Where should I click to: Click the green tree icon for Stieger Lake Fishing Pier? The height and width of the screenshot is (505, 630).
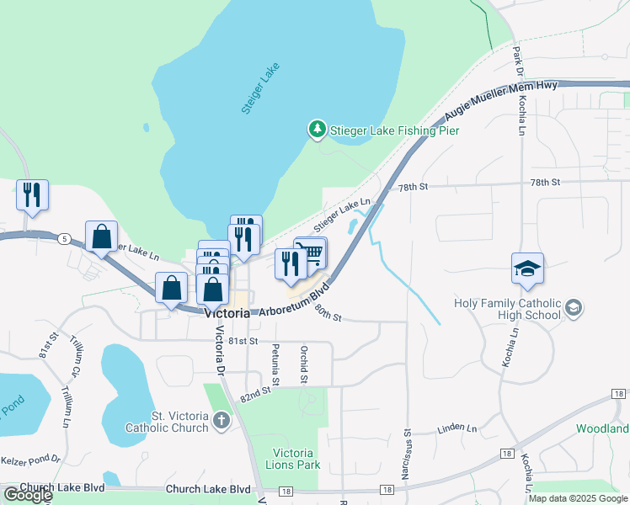(317, 130)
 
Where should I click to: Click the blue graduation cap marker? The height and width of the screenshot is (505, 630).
(527, 269)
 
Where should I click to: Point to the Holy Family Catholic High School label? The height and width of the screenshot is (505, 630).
(507, 309)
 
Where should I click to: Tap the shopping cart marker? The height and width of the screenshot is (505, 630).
(311, 252)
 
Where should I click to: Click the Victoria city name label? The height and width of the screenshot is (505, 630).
(227, 313)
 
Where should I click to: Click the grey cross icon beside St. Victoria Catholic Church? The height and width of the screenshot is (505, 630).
(222, 420)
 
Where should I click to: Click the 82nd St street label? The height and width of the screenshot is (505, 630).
(259, 391)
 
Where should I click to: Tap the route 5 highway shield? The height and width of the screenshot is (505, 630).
(64, 238)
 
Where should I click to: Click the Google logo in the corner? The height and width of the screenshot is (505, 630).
(28, 495)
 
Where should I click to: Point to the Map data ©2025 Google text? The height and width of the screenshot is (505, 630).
(577, 498)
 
